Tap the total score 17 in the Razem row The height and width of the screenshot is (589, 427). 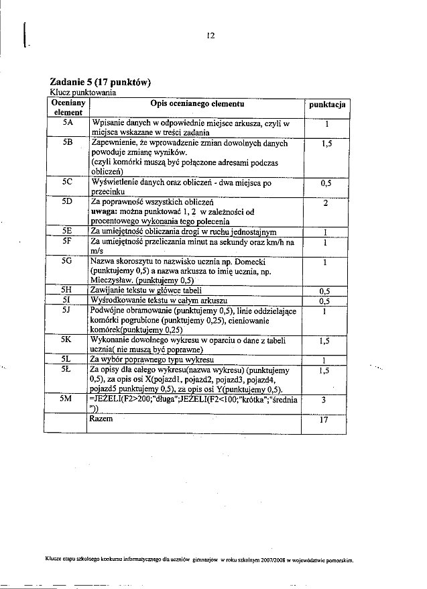[324, 422]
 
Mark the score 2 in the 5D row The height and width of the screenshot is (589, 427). [324, 205]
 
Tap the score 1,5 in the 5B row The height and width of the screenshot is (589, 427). [325, 144]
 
